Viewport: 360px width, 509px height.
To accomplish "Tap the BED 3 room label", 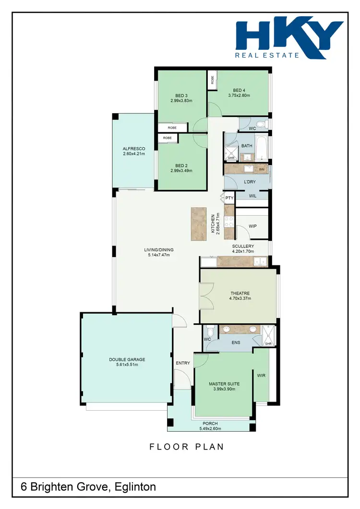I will [x=181, y=95].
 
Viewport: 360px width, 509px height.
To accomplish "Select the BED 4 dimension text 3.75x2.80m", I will [x=239, y=95].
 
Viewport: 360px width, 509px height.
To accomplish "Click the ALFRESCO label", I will [x=133, y=149].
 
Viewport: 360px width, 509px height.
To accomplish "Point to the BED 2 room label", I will [x=181, y=166].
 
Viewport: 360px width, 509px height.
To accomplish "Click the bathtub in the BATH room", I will [x=261, y=148].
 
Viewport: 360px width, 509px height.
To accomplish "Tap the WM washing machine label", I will [x=262, y=169].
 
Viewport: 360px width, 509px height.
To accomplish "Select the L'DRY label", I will [x=250, y=182].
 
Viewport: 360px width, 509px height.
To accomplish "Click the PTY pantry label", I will [x=229, y=198].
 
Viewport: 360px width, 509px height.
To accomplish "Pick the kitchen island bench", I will [x=198, y=224].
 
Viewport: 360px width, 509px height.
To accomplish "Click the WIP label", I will [x=252, y=226].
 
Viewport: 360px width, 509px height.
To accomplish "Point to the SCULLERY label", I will [x=243, y=246].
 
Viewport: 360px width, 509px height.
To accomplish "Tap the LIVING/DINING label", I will [x=159, y=249].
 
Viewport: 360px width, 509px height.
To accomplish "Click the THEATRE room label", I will [x=240, y=293].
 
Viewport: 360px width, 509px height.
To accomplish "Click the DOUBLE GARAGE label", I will [x=127, y=359].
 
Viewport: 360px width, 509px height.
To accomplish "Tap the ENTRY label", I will [x=183, y=363].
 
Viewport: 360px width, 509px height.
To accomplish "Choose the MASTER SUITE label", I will [x=224, y=384].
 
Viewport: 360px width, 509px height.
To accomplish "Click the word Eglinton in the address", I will [x=136, y=487].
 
